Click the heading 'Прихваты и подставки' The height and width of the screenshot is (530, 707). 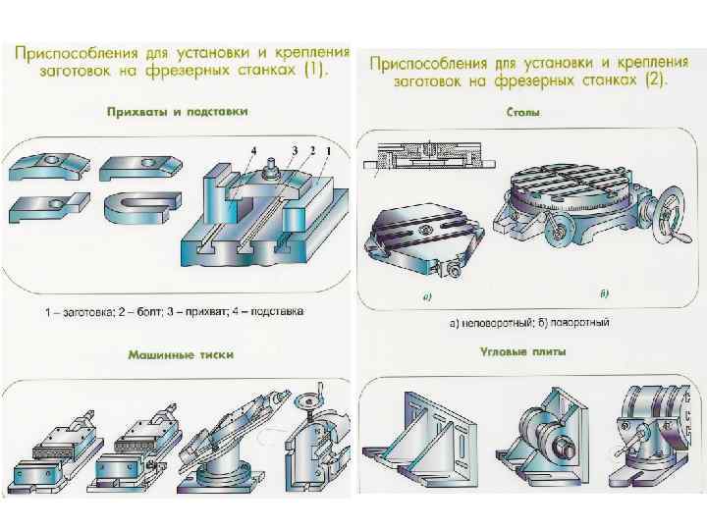coord(177,113)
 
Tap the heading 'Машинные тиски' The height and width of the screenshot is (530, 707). coord(180,354)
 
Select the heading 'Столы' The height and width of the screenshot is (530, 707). coord(522,113)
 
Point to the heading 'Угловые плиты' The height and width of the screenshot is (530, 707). coord(521,350)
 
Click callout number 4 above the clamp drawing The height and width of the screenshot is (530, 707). coord(253,149)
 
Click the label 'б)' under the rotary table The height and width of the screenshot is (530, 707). coord(604,292)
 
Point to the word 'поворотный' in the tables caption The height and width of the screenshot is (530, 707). coord(584,322)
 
